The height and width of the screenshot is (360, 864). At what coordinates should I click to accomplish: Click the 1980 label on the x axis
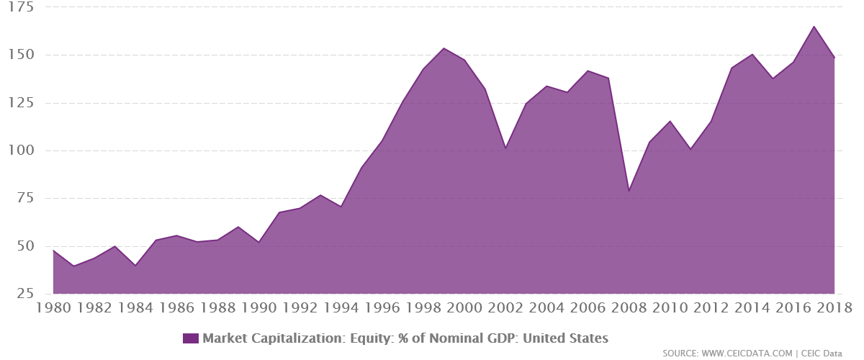point(52,309)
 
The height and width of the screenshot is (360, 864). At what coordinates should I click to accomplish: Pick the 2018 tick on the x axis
point(834,309)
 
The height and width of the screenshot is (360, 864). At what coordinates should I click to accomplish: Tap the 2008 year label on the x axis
point(629,309)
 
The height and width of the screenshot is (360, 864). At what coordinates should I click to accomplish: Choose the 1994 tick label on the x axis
point(341,309)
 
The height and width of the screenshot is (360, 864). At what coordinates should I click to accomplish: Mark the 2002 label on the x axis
point(505,309)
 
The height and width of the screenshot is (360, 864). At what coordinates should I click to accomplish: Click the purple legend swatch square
point(191,338)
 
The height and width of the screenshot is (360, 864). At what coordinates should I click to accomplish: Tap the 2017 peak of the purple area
point(814,26)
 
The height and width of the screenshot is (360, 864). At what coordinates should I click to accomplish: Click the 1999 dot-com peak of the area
point(444,48)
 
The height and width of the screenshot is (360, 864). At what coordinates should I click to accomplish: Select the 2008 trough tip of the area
point(629,188)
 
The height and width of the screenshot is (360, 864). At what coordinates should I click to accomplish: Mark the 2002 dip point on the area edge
point(505,147)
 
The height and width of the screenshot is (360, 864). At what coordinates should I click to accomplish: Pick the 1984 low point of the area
point(135,264)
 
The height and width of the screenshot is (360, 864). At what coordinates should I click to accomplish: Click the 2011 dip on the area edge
point(690,148)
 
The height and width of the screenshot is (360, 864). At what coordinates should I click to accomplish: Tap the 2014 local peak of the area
point(752,53)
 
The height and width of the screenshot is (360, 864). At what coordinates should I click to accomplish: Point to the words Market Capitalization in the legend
point(260,338)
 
